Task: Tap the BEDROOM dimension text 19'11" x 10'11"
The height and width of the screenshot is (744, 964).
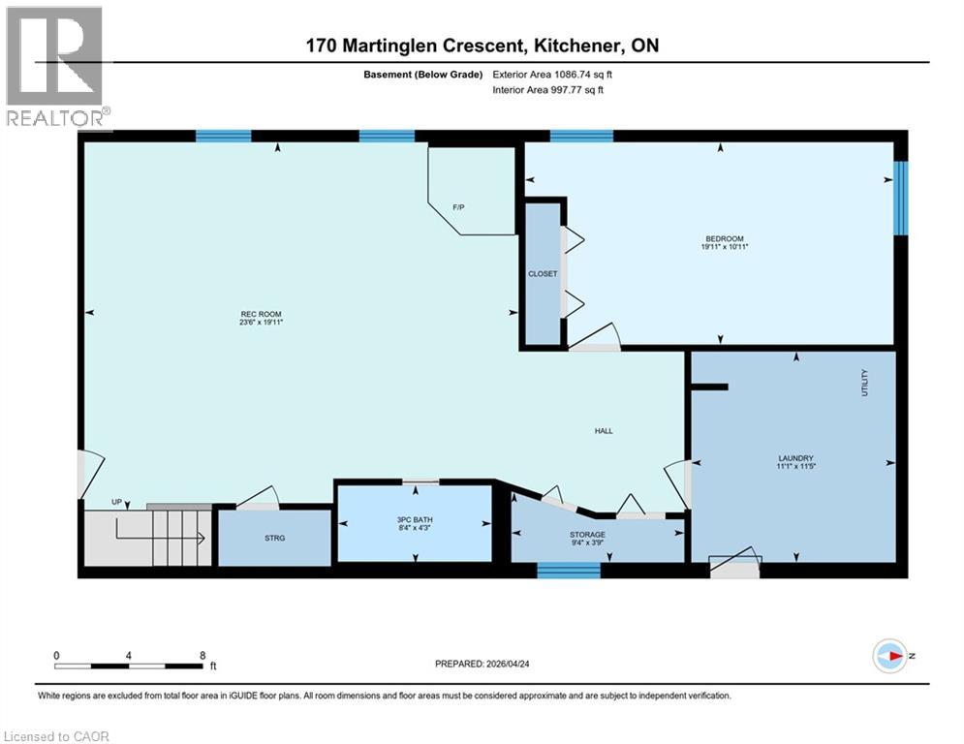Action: (x=725, y=247)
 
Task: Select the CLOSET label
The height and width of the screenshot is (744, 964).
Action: (x=543, y=274)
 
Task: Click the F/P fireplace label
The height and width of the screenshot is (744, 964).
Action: (x=459, y=207)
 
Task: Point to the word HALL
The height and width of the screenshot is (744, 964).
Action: (x=604, y=431)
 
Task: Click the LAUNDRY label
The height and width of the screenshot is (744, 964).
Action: (x=795, y=458)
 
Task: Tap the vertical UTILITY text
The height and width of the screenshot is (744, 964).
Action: (x=864, y=384)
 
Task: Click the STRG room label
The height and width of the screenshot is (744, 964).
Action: (x=275, y=538)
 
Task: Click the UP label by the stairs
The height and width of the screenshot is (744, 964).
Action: (x=116, y=502)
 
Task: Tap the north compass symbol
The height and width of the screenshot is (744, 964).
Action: (x=889, y=655)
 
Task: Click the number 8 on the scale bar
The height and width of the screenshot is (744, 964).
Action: (x=202, y=655)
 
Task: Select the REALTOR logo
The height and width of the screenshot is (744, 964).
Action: (x=56, y=67)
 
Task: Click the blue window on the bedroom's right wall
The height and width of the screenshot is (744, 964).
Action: (x=900, y=199)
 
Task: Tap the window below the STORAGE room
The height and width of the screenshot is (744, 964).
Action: (x=569, y=571)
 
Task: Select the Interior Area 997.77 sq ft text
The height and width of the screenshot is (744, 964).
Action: (x=548, y=90)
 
